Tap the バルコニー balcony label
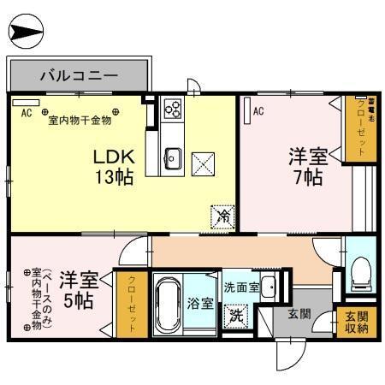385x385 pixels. [80, 75]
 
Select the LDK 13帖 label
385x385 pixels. [112, 167]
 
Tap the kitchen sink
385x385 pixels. [172, 157]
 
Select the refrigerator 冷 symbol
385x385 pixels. [221, 217]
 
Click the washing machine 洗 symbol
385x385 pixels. [234, 316]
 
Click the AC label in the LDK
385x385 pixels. [26, 111]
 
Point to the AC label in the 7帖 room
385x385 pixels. [258, 110]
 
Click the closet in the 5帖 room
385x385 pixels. [133, 303]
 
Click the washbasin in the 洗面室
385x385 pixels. [268, 286]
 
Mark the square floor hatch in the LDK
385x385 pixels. [204, 163]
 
